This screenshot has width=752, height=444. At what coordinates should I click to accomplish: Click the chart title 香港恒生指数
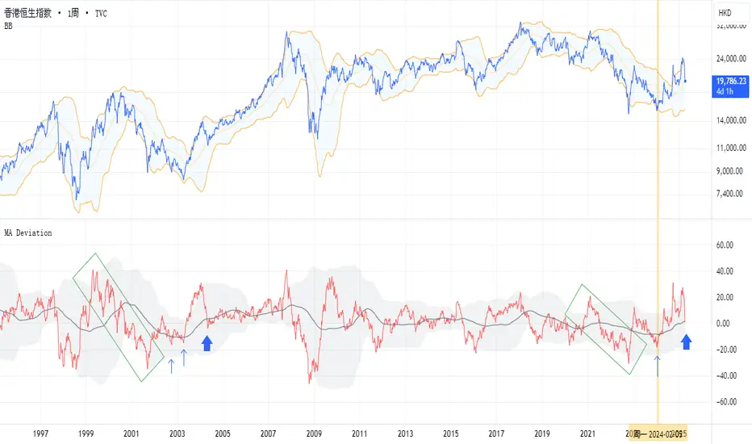[33, 14]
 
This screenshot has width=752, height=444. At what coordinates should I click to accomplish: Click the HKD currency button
[725, 14]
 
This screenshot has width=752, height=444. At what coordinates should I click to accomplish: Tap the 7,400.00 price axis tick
[730, 194]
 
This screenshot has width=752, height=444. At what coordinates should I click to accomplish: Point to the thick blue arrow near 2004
[207, 343]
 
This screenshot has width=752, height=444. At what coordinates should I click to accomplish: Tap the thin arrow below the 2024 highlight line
[658, 365]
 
